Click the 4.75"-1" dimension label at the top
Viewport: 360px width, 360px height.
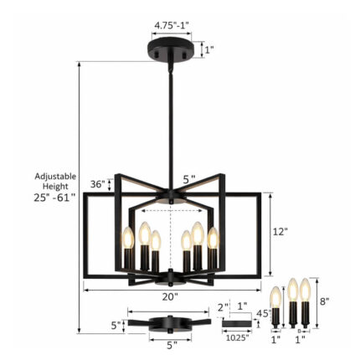coord(172,26)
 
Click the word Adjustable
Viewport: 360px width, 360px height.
coord(55,177)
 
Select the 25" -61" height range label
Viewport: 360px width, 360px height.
coord(55,198)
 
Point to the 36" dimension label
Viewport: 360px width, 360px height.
coord(98,184)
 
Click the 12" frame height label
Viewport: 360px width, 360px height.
coord(280,231)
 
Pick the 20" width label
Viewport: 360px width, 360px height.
coord(171,296)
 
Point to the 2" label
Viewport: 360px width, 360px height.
coord(223,306)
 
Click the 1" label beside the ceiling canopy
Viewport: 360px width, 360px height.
coord(208,49)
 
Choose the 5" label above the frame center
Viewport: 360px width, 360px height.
coord(189,178)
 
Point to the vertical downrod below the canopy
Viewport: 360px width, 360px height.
coord(172,126)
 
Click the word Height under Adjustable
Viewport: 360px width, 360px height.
coord(55,187)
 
